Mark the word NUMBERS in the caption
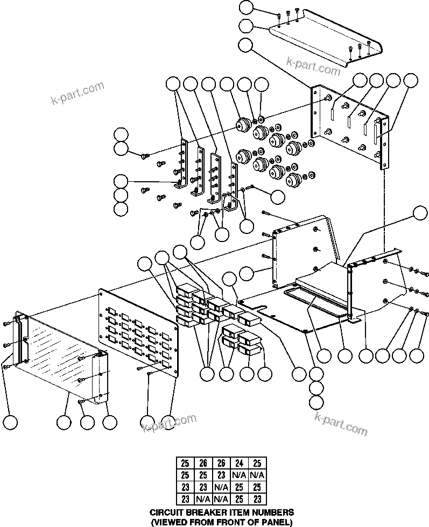coord(272,512)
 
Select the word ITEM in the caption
coord(234,512)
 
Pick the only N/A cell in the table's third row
coord(220,487)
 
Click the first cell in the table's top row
coord(185,462)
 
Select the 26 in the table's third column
coord(220,462)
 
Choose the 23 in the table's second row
coord(220,475)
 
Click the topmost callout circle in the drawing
coord(247,8)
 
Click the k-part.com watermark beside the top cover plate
coord(313,67)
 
